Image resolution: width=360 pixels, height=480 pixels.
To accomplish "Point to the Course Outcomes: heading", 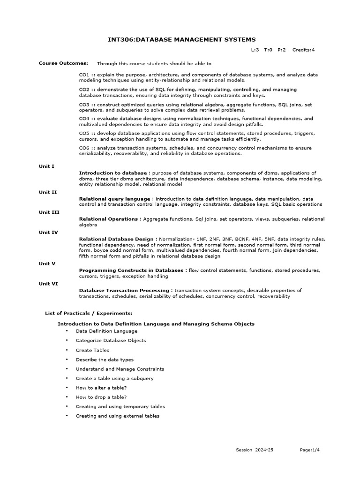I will (x=63, y=63).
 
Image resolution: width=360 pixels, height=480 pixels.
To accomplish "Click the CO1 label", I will (x=84, y=75).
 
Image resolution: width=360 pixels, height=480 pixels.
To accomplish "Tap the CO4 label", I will (x=84, y=119).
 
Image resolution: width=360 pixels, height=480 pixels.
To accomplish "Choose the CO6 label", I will (x=84, y=148).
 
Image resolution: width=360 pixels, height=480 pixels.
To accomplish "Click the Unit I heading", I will (x=46, y=166).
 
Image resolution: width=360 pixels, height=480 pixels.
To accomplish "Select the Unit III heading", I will (x=49, y=212).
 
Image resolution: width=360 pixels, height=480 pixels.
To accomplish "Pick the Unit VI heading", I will (x=48, y=284).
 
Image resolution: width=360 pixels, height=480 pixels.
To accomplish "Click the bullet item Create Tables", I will (x=92, y=350).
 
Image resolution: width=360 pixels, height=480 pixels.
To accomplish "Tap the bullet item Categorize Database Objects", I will (x=111, y=340).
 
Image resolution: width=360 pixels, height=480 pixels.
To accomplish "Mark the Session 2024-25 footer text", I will (x=255, y=450).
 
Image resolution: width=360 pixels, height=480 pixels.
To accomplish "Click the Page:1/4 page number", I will (x=310, y=450).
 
